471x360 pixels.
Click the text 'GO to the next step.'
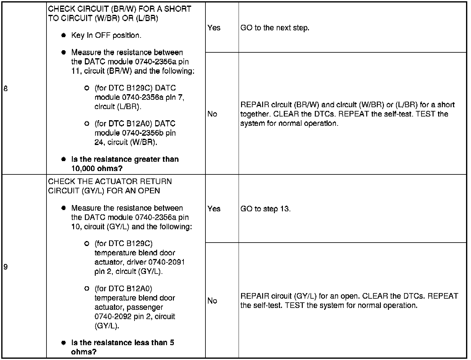coord(275,28)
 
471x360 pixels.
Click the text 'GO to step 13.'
coord(266,209)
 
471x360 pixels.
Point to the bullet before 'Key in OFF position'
coord(64,35)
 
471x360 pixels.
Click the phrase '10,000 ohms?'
coord(97,169)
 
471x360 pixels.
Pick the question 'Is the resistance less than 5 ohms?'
coord(122,347)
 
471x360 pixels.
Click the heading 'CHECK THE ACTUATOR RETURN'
coord(110,182)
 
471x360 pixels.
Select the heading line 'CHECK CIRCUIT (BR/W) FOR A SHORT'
coord(120,9)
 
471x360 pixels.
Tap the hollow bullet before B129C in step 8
coord(87,88)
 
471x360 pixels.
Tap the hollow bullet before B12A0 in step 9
coord(87,289)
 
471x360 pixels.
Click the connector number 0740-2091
coord(166,262)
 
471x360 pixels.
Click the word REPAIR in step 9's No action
coord(254,296)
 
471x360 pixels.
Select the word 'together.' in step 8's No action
coord(256,114)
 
